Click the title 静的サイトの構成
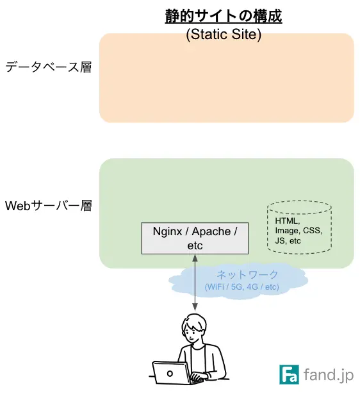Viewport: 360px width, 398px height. pyautogui.click(x=224, y=15)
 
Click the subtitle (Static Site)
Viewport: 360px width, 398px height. pyautogui.click(x=224, y=35)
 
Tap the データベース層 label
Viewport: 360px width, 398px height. pyautogui.click(x=48, y=67)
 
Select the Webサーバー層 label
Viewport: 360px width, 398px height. pyautogui.click(x=48, y=206)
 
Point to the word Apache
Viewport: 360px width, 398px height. pyautogui.click(x=213, y=231)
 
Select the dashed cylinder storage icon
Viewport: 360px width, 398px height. pyautogui.click(x=299, y=228)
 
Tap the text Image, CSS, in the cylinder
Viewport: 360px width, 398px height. pyautogui.click(x=298, y=231)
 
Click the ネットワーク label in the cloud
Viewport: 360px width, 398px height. pyautogui.click(x=247, y=275)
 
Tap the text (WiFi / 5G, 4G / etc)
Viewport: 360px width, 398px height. pyautogui.click(x=241, y=286)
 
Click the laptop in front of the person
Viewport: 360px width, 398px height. pyautogui.click(x=170, y=372)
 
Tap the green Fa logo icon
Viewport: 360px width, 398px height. pyautogui.click(x=290, y=374)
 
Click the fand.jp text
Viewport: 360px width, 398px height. pyautogui.click(x=328, y=374)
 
